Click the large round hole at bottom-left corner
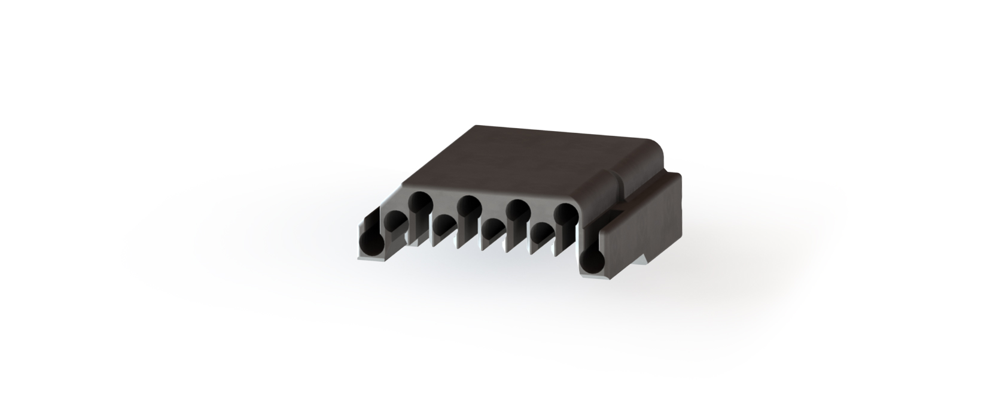coord(372,244)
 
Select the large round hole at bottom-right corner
coord(593,260)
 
